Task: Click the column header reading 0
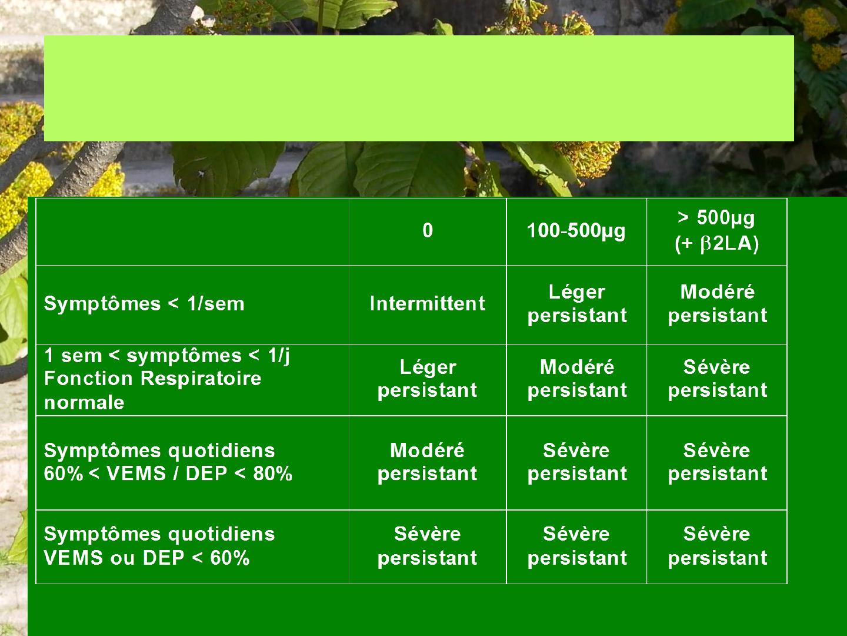click(x=428, y=231)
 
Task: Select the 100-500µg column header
click(x=576, y=231)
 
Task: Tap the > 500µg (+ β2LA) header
click(x=716, y=231)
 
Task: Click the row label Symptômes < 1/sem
click(x=144, y=304)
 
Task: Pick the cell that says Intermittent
click(x=428, y=303)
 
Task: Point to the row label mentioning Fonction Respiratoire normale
click(x=166, y=379)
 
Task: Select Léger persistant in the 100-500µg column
click(x=577, y=304)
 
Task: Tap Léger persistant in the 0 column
click(x=428, y=379)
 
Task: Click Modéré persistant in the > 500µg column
click(x=718, y=304)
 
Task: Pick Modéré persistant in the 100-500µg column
click(x=577, y=379)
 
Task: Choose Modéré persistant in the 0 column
click(x=428, y=462)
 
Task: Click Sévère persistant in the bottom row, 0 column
click(x=428, y=546)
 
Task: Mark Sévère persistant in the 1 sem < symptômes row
click(x=718, y=379)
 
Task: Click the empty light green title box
click(x=419, y=88)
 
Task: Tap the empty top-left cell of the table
click(x=192, y=231)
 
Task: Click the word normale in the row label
click(x=84, y=403)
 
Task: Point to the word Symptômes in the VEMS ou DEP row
click(x=102, y=535)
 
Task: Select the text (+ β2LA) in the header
click(x=716, y=244)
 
